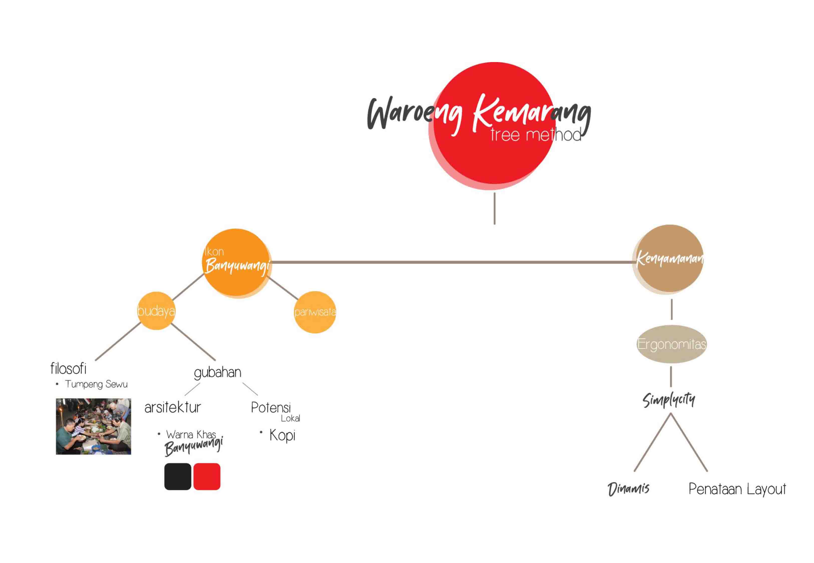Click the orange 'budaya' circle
coord(156,311)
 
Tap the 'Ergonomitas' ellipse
coord(671,344)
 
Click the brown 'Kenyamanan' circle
coord(670,258)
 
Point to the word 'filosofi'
coord(68,369)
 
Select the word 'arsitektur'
coord(173,407)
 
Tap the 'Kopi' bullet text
coord(282,435)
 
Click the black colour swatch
coord(178,477)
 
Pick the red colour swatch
coord(207,477)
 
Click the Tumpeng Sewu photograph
coord(93,426)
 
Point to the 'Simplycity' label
coord(668,400)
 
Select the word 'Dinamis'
coord(628,489)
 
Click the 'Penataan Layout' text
coord(737,489)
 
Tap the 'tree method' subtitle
coord(535,135)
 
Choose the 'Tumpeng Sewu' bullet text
coord(96,384)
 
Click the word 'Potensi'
coord(271,408)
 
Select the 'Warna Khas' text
coord(191,434)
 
